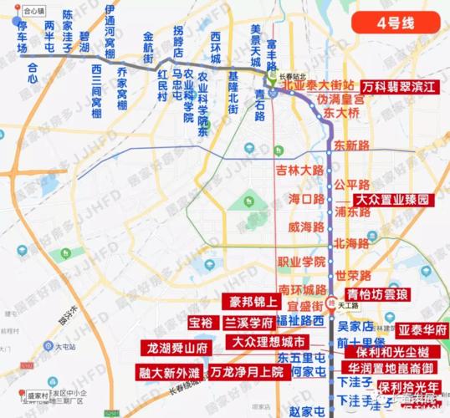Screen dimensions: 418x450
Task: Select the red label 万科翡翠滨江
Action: click(x=401, y=86)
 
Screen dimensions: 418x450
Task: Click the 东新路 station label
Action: click(x=351, y=145)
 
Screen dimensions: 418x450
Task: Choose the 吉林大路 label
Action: click(x=299, y=170)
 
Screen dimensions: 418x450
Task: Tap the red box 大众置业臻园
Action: click(x=392, y=201)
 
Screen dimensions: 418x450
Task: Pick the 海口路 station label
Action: click(x=305, y=199)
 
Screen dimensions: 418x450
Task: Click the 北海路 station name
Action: click(x=351, y=244)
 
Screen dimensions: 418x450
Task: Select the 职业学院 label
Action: click(x=301, y=261)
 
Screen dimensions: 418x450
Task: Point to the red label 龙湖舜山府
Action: click(x=177, y=346)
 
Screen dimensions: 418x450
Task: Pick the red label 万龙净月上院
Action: click(x=247, y=372)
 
